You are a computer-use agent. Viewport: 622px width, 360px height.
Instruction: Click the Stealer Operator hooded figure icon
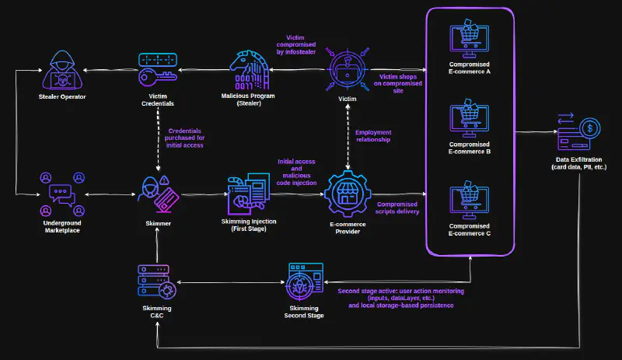click(62, 70)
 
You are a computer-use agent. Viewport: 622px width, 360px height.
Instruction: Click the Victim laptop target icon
click(348, 70)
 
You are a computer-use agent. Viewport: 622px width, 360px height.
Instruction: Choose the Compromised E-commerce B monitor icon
click(469, 118)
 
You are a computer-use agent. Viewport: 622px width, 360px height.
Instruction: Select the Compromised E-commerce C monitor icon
click(469, 201)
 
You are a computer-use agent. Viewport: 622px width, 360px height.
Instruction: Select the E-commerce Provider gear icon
click(348, 194)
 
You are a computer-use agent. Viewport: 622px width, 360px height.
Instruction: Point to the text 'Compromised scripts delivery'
click(397, 208)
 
